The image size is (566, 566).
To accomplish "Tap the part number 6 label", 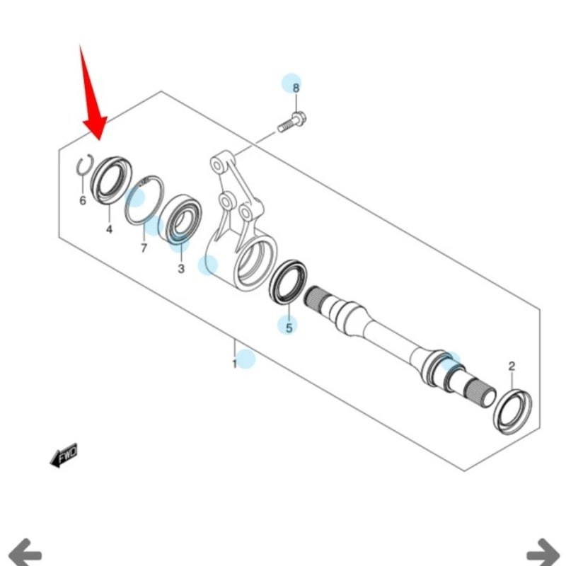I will (x=82, y=201).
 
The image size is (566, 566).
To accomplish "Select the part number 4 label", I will (x=109, y=229).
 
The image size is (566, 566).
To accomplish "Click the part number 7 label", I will (x=144, y=248).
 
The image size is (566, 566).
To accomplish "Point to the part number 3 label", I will (x=180, y=269).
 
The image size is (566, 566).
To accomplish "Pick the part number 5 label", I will (x=289, y=327).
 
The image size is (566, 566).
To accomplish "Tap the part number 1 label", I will (x=234, y=364).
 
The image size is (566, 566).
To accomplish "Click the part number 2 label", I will (x=512, y=366).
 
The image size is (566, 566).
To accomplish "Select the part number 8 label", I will (x=296, y=88).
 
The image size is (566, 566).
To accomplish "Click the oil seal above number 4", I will (x=112, y=180).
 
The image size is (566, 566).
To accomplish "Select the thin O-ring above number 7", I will (x=144, y=200).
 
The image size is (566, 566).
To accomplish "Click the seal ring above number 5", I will (x=289, y=282).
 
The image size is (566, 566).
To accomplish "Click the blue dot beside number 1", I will (x=246, y=359).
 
